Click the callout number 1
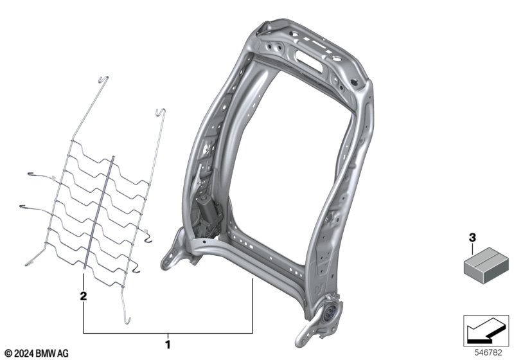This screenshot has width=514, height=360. coord(168,345)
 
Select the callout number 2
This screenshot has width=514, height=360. coord(84,296)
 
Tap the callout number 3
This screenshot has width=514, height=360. coord(472,237)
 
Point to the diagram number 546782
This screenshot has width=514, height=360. coord(488,353)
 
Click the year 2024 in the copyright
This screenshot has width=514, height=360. coord(24,354)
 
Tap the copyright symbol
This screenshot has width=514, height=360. coord(9,354)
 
